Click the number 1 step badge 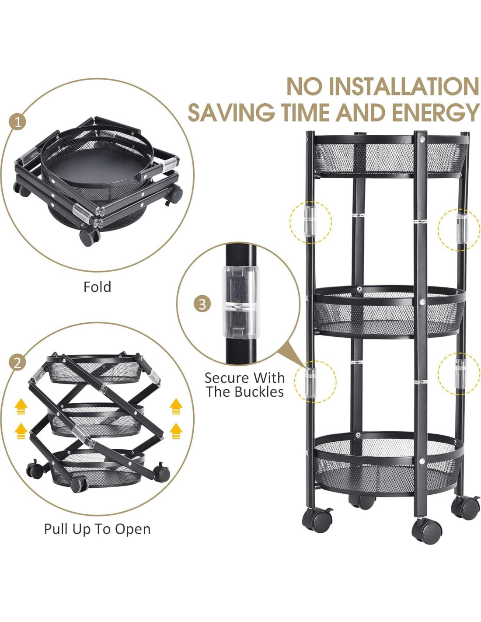[17, 122]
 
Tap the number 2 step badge [17, 363]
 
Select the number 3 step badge [202, 304]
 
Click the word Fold [97, 287]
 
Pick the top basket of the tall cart [391, 156]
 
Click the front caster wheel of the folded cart [89, 237]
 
